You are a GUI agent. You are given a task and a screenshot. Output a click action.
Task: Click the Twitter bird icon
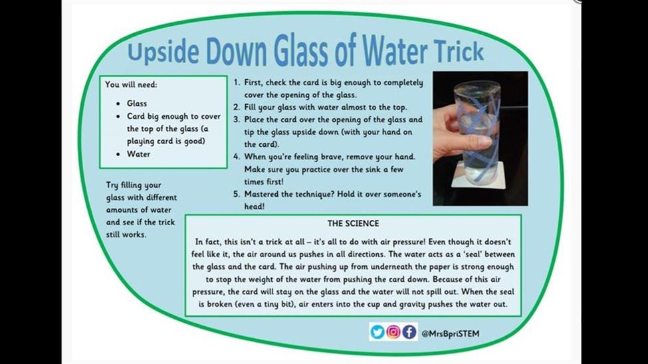[378, 331]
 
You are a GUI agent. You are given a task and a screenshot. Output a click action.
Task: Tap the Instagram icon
[393, 331]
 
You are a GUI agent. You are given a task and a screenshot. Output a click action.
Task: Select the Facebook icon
[409, 331]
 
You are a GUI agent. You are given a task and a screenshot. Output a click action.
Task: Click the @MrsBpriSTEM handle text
[451, 333]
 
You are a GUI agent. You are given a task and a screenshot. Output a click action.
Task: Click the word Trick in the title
[459, 51]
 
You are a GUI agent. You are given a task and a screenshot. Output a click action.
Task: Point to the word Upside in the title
[163, 52]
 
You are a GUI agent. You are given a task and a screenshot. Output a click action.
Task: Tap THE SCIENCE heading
[353, 224]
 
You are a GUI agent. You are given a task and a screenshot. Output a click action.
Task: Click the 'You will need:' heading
[131, 84]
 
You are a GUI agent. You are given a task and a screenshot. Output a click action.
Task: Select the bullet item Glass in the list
[137, 104]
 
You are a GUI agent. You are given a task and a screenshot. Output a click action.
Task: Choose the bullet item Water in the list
[138, 154]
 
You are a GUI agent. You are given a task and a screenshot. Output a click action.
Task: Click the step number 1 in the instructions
[237, 82]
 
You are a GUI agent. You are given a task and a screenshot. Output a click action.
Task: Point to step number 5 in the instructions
[237, 194]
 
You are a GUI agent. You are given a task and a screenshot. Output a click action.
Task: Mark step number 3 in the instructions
[237, 120]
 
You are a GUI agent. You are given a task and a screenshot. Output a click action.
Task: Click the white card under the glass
[479, 175]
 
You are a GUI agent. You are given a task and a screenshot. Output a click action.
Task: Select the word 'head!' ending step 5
[254, 207]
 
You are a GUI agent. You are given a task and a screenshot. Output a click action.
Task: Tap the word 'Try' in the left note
[112, 185]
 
